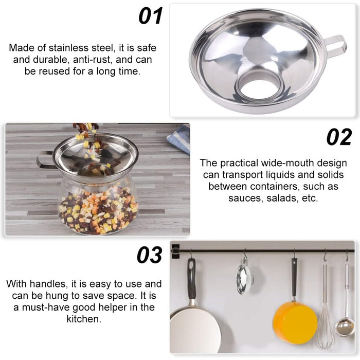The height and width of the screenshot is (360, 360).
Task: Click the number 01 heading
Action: point(150,15)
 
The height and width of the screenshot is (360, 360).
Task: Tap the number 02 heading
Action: point(339,137)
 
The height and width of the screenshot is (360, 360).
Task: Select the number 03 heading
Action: point(150,255)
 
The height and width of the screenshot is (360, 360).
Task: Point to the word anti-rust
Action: point(93,60)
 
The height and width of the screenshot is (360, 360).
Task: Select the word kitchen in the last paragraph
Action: point(84,319)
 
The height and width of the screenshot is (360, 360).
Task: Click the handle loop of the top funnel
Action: point(336,45)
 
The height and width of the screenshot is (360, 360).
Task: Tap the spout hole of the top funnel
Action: point(258,88)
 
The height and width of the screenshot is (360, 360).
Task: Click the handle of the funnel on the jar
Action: point(45,160)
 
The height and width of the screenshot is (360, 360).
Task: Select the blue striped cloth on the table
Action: point(179,138)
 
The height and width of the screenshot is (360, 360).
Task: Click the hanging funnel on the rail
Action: point(245,276)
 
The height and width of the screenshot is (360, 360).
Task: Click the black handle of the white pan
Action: point(191,279)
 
